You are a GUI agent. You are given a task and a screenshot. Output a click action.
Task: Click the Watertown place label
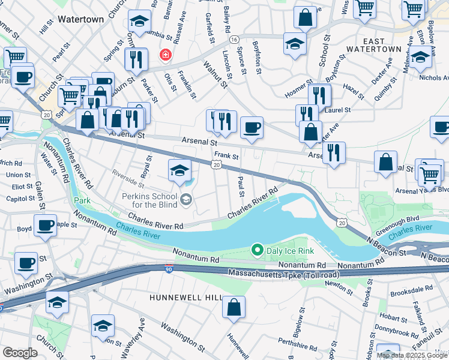pyautogui.click(x=80, y=19)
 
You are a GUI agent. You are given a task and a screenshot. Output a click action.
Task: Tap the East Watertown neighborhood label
pyautogui.click(x=382, y=45)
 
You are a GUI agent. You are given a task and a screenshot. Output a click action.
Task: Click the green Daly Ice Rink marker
pyautogui.click(x=257, y=249)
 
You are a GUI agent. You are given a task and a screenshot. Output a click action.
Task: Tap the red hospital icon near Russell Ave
pyautogui.click(x=164, y=55)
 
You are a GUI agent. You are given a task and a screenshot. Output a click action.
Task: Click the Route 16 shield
pyautogui.click(x=233, y=40)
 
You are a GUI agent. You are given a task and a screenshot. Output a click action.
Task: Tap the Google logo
pyautogui.click(x=20, y=352)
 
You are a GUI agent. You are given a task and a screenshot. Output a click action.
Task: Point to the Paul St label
pyautogui.click(x=241, y=186)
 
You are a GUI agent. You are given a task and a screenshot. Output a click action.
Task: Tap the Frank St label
pyautogui.click(x=227, y=157)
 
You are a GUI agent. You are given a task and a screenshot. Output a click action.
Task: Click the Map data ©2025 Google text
pyautogui.click(x=412, y=355)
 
